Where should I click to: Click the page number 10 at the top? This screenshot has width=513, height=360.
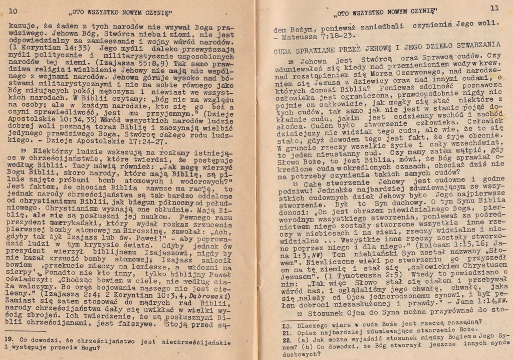click(x=13, y=11)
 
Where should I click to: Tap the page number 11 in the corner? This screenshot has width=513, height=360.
click(x=494, y=8)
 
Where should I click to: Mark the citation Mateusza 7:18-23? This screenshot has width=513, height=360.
click(x=317, y=36)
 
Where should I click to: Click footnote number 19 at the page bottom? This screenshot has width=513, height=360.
click(x=9, y=338)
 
